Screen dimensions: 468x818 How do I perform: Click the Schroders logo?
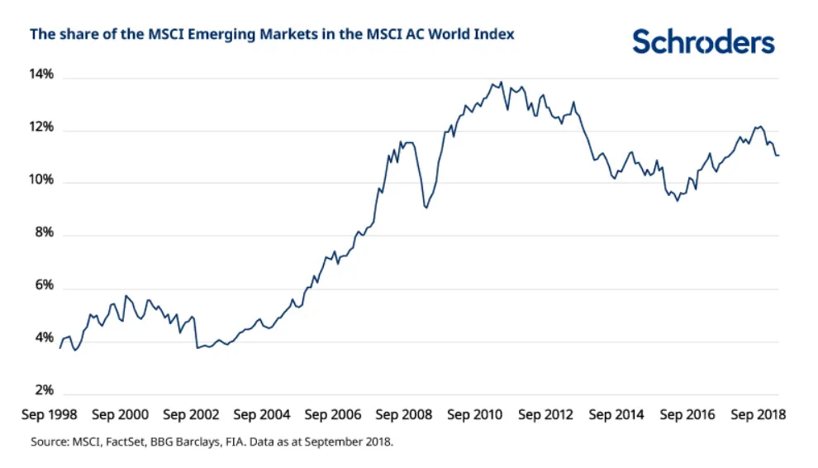coord(704,41)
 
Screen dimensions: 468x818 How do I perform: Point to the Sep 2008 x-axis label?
coord(404,414)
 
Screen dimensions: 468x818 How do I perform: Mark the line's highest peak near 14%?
coord(501,82)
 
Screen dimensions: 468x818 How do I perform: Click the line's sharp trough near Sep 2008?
coord(426,207)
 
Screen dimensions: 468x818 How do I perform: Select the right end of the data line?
coord(778,155)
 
